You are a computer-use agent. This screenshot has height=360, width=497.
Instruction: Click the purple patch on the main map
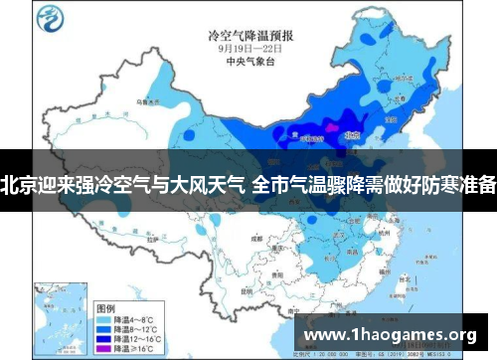click(333, 129)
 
